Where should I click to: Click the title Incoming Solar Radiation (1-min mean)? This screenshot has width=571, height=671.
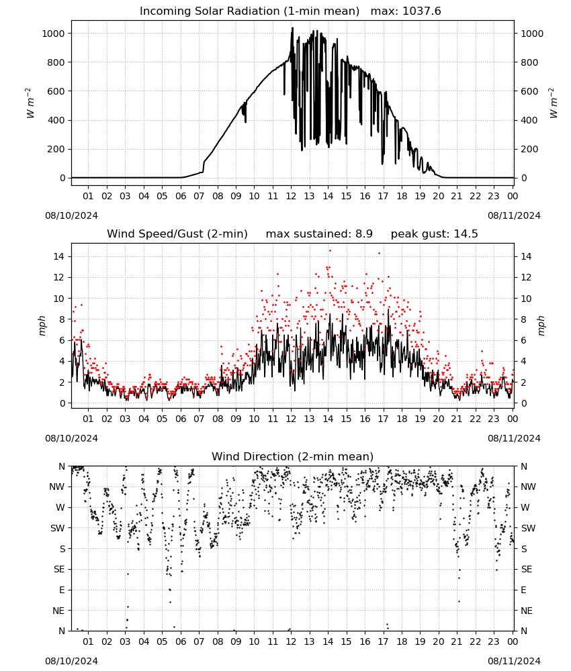tap(249, 11)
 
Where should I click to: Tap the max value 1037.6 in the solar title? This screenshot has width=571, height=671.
tap(422, 11)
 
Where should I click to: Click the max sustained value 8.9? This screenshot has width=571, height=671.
tap(364, 234)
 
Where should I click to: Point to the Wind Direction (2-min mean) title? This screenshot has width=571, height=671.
tap(293, 456)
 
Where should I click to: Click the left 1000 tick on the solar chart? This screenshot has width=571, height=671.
tap(53, 34)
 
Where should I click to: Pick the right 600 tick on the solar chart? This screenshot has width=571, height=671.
tap(529, 91)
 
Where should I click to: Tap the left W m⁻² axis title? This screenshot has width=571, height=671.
tap(30, 103)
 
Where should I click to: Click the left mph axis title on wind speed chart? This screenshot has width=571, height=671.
tap(42, 325)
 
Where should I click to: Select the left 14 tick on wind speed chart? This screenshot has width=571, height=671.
tap(59, 256)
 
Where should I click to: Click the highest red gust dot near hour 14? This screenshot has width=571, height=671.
tap(330, 251)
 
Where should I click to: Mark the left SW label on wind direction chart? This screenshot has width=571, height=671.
tap(58, 528)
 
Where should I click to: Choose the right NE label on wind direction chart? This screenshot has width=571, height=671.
tap(527, 611)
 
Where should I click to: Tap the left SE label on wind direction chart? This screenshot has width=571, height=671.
tap(59, 569)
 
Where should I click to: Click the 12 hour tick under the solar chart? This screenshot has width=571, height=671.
tap(291, 196)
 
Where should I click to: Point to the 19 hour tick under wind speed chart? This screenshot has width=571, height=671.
tap(420, 419)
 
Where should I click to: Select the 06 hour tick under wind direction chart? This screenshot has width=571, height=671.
tap(180, 641)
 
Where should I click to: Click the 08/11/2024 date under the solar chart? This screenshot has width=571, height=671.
tap(514, 215)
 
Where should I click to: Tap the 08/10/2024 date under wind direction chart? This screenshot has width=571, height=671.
tap(71, 661)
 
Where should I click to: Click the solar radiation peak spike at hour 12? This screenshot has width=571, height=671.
tap(293, 28)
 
